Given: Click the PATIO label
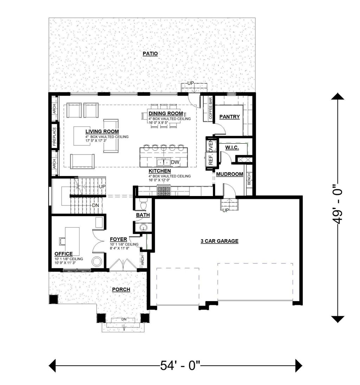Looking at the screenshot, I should (150, 54).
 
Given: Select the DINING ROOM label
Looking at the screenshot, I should (166, 113).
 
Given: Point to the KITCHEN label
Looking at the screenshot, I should (160, 171).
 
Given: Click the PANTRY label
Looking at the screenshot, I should (229, 117).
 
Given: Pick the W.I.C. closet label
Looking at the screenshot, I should (232, 148).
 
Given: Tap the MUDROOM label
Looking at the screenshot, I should (230, 174).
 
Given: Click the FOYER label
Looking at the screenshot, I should (118, 239).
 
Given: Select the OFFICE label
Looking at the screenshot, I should (63, 254).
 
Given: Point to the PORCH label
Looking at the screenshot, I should (121, 289).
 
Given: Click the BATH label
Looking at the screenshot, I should (143, 215).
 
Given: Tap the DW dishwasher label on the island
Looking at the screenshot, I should (175, 162).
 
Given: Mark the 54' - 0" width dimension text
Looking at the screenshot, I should (180, 366).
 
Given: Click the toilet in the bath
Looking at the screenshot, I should (143, 204).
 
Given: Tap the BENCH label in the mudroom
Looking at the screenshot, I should (249, 179).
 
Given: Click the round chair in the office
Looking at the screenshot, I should (97, 261).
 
